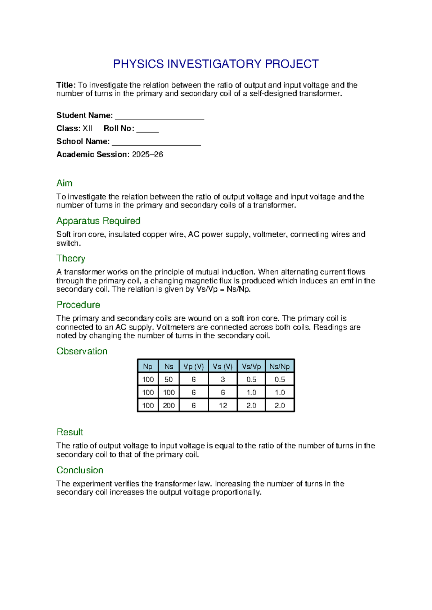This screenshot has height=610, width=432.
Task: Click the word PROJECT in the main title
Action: pyautogui.click(x=292, y=64)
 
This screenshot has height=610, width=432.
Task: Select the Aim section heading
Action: pyautogui.click(x=64, y=183)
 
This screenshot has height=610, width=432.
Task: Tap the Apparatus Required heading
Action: pyautogui.click(x=98, y=221)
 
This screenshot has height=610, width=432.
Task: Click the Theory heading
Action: pyautogui.click(x=71, y=258)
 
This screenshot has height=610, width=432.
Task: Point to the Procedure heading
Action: pyautogui.click(x=78, y=305)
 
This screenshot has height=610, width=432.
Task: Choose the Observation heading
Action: pyautogui.click(x=82, y=351)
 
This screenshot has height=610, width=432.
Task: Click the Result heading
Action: pyautogui.click(x=70, y=432)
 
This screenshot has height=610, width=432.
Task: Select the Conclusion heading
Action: pyautogui.click(x=80, y=470)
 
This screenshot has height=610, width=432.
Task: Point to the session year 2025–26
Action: pyautogui.click(x=148, y=154)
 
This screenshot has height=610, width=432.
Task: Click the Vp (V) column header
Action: pyautogui.click(x=194, y=367)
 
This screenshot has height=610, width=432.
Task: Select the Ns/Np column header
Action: pyautogui.click(x=280, y=367)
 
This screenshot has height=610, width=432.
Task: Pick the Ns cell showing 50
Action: pyautogui.click(x=168, y=379)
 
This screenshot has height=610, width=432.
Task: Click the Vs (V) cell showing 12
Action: pyautogui.click(x=223, y=405)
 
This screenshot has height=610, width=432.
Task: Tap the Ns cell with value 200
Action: pyautogui.click(x=168, y=405)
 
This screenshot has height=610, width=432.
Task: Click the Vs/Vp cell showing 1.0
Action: pyautogui.click(x=251, y=392)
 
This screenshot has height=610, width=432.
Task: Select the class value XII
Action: pyautogui.click(x=87, y=128)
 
